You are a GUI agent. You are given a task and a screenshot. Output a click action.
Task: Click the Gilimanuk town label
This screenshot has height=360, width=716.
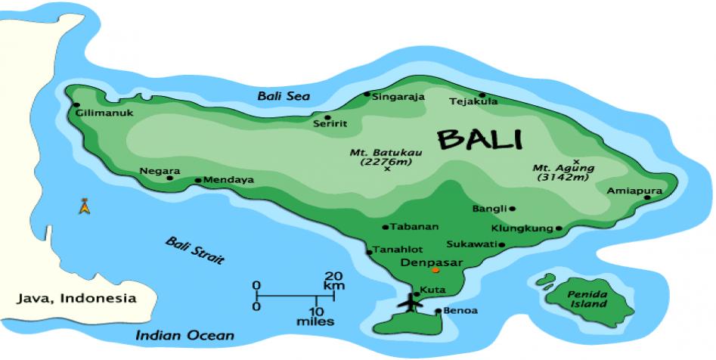(x=105, y=113)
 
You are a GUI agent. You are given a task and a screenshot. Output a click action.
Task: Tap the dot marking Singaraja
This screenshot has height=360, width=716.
(x=367, y=95)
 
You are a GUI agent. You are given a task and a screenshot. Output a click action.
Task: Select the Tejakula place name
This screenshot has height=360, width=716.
(x=473, y=101)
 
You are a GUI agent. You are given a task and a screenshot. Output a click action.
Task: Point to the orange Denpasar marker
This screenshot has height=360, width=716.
(x=435, y=270)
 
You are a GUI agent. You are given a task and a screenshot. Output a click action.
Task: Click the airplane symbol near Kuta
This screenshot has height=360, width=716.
(x=412, y=302)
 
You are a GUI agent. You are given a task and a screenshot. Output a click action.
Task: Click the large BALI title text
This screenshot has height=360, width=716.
(x=480, y=140)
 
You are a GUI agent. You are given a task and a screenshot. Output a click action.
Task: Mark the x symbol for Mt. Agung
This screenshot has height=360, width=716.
(x=576, y=161)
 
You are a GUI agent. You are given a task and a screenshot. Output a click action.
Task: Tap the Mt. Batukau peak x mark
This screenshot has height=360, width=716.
(x=387, y=169)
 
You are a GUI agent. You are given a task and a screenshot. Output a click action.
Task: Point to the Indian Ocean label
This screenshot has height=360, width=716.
(x=185, y=335)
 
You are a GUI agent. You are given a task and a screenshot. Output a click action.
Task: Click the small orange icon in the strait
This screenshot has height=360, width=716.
(x=84, y=206)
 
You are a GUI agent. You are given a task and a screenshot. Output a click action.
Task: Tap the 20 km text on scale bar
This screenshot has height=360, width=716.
(x=335, y=281)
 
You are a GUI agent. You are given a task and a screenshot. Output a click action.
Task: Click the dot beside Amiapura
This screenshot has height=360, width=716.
(x=648, y=197)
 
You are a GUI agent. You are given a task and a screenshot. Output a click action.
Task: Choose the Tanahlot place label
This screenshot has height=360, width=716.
(x=398, y=250)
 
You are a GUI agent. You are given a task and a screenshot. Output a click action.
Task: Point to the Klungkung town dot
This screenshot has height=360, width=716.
(x=559, y=228)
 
